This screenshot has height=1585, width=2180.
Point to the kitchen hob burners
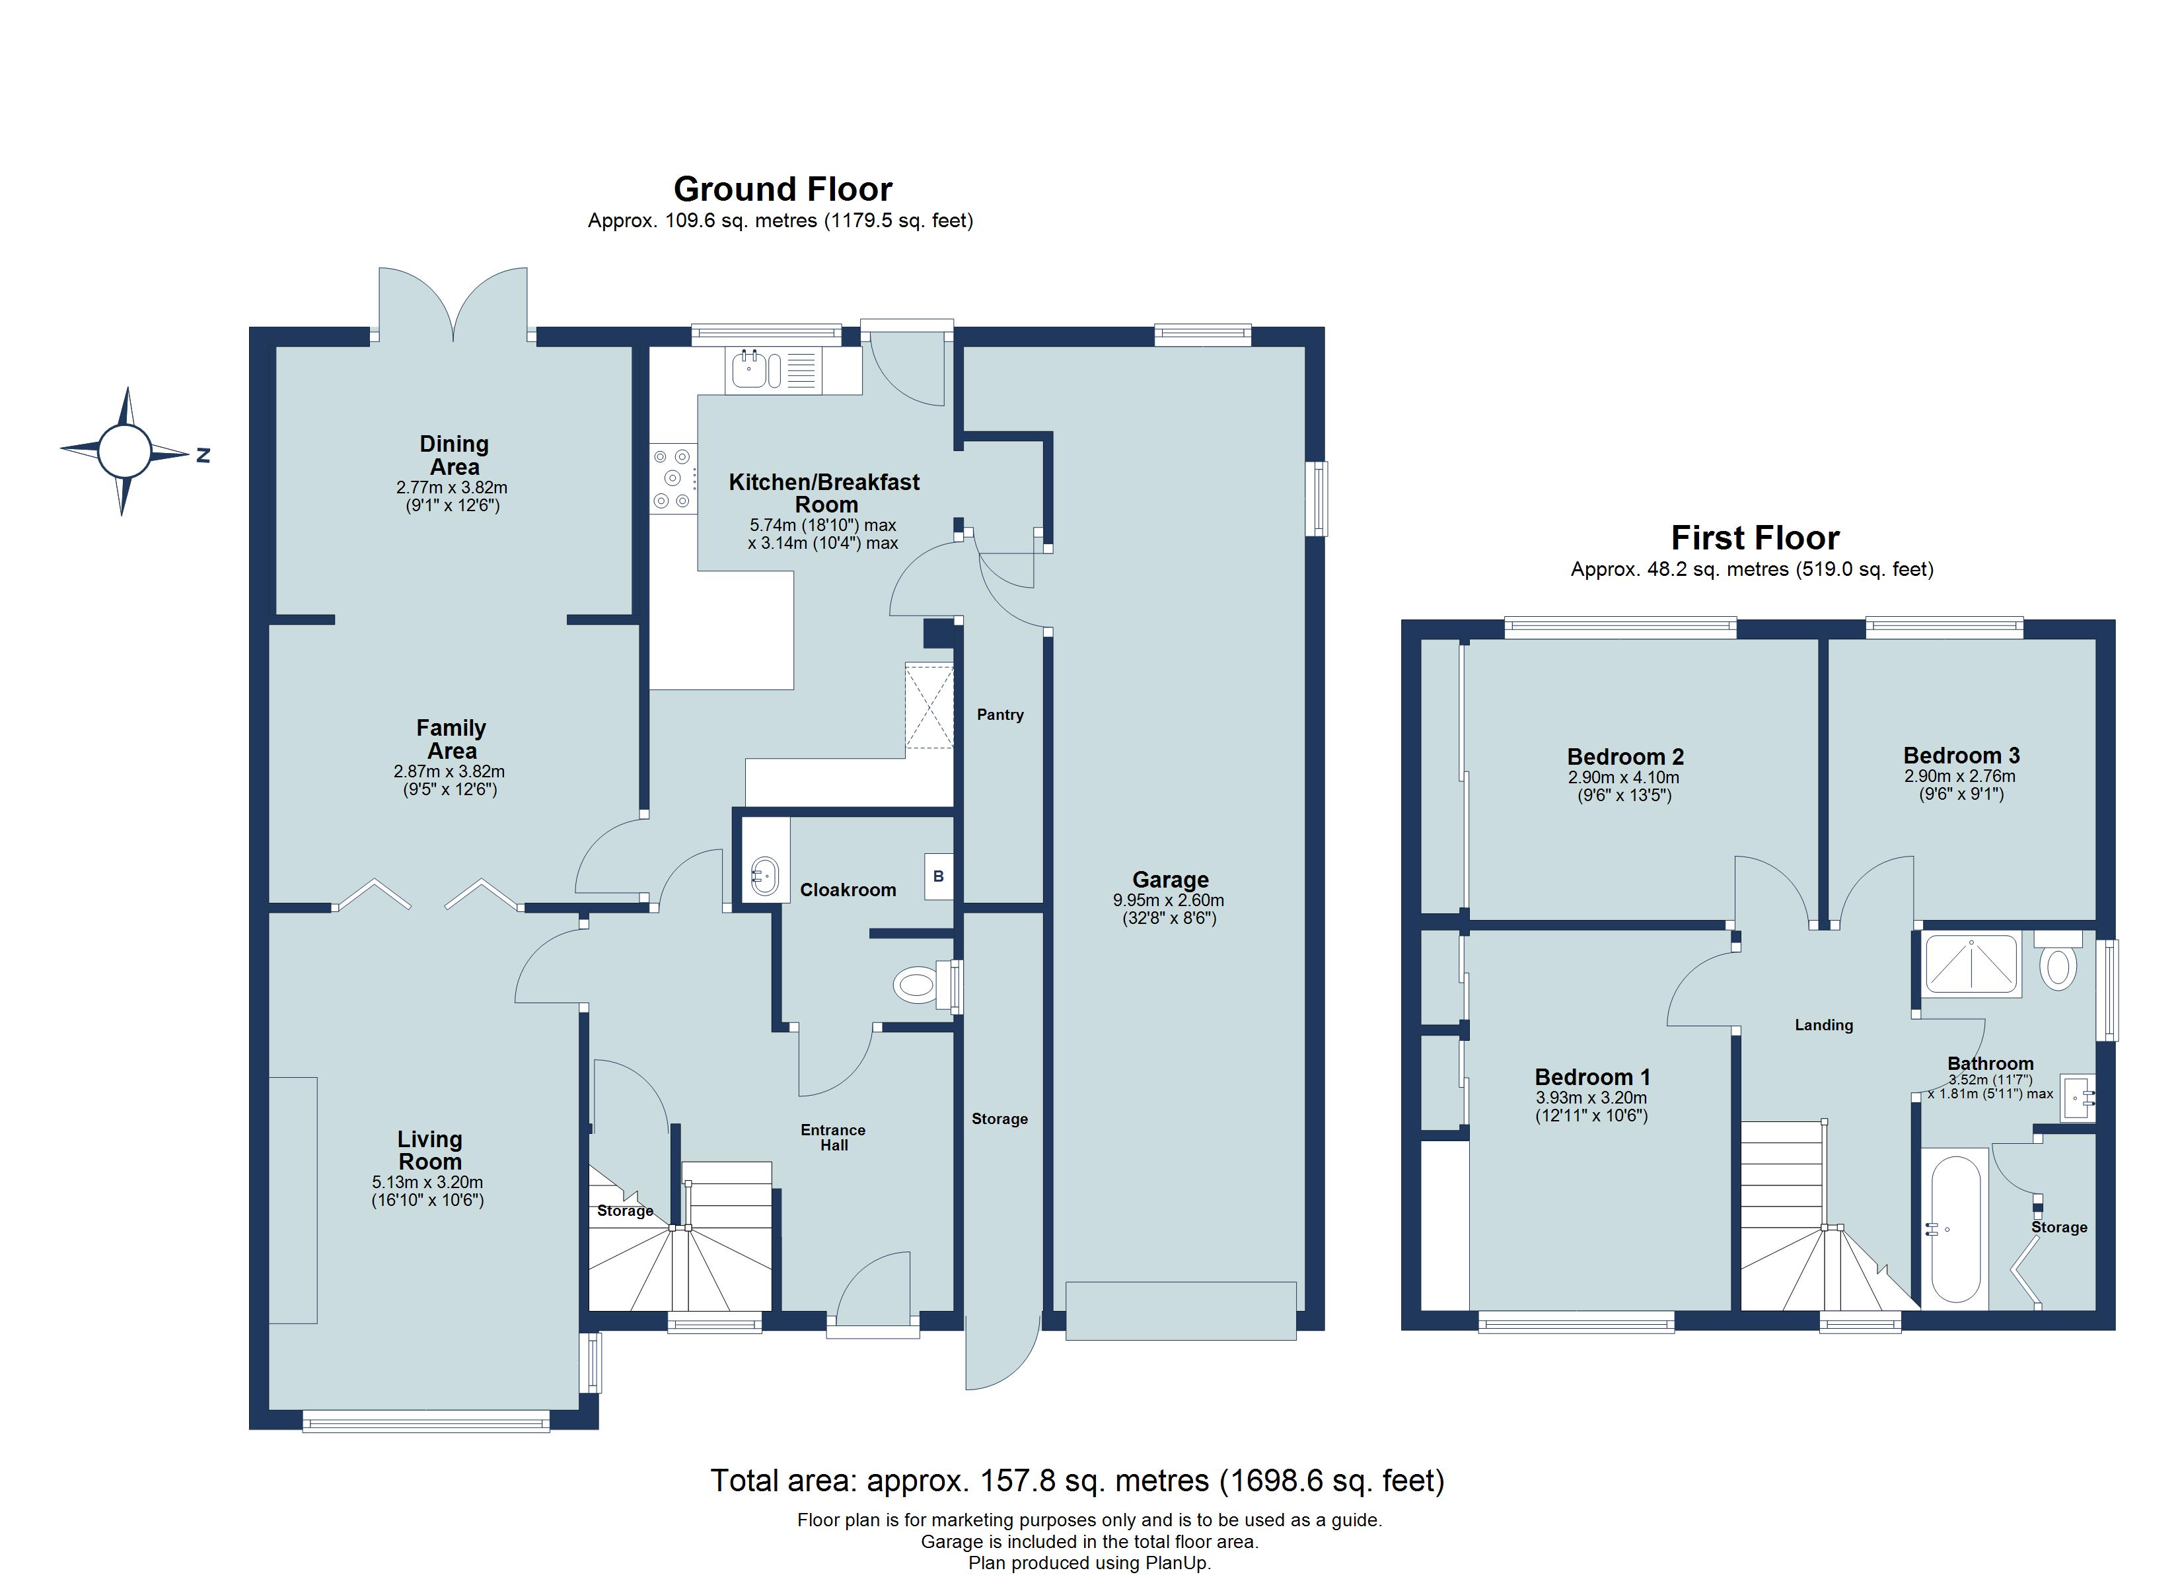click(672, 477)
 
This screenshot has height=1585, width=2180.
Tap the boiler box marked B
click(938, 876)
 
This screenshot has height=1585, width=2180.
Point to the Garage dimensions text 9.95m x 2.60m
click(1168, 901)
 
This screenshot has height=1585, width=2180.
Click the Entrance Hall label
click(834, 1137)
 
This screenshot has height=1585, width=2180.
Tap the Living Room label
click(429, 1150)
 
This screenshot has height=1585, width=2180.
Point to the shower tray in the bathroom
click(1971, 963)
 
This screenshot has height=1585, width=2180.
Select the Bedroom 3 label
click(1961, 756)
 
